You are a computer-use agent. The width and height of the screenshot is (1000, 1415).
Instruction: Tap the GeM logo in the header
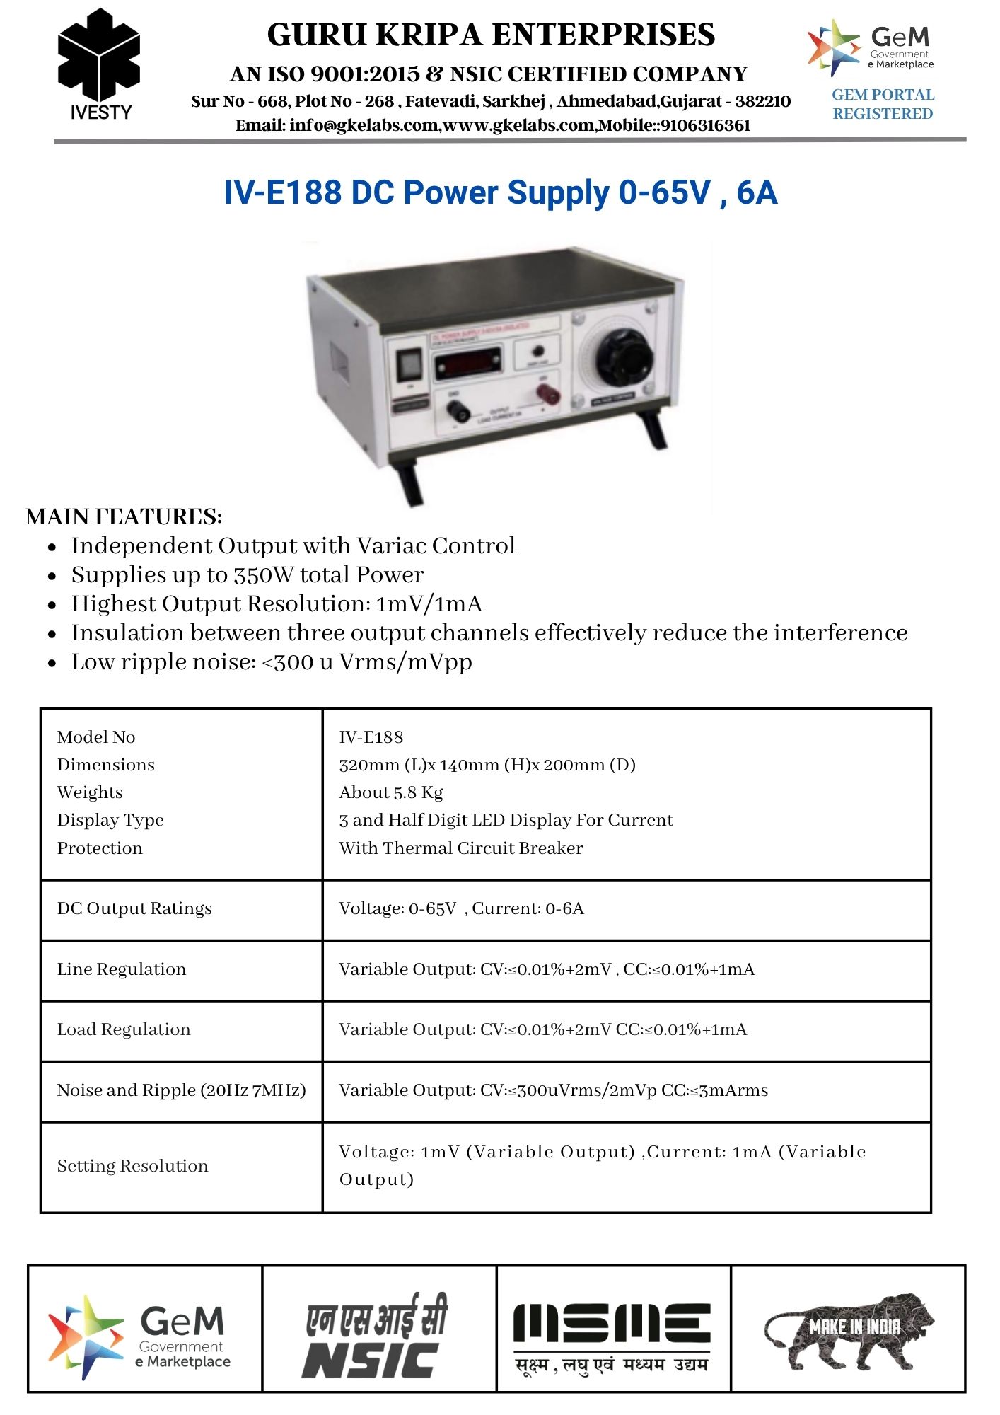point(871,47)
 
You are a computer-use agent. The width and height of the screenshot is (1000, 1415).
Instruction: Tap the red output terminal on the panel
point(548,393)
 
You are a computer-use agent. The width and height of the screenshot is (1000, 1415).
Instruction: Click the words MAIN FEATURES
point(124,516)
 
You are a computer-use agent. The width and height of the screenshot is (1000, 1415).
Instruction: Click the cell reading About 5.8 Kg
point(391,792)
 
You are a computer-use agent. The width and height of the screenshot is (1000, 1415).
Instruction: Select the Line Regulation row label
point(122,969)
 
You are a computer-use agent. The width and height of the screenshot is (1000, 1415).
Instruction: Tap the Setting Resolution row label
point(133,1166)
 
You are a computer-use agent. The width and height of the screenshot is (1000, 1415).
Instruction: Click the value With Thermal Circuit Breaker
point(461,848)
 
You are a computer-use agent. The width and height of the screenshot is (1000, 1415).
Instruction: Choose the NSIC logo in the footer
point(376,1336)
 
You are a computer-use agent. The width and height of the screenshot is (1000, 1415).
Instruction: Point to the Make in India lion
point(849,1330)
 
